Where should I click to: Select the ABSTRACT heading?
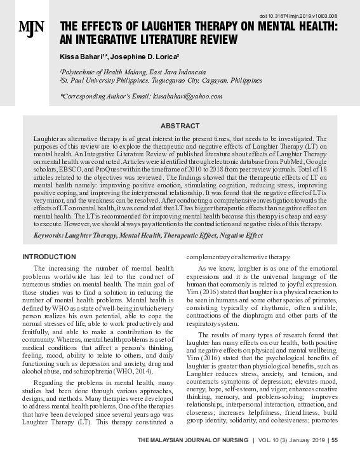tap(180, 126)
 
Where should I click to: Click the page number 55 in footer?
tap(335, 440)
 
